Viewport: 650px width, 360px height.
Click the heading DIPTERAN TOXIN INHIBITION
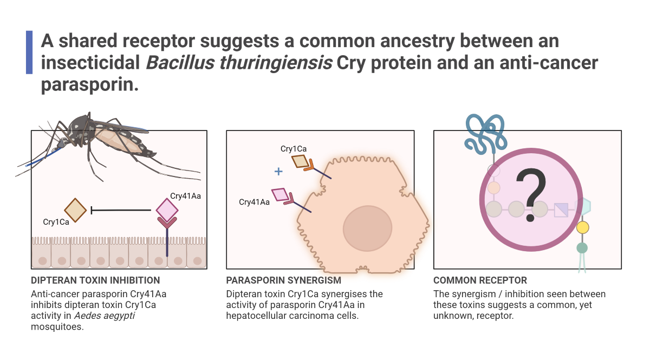pos(95,280)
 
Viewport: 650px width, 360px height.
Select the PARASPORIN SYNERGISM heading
pos(284,280)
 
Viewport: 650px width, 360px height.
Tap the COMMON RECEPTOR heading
pos(480,280)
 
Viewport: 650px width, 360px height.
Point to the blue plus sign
pos(278,172)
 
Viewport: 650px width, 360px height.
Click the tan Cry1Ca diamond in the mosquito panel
pos(75,210)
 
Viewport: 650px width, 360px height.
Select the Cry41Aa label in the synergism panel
pos(254,202)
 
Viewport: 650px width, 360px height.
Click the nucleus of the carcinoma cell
pos(367,227)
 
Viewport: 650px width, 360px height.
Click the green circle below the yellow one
pos(582,248)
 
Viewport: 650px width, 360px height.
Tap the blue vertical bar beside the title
pos(29,53)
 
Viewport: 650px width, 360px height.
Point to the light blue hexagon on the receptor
pos(583,207)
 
